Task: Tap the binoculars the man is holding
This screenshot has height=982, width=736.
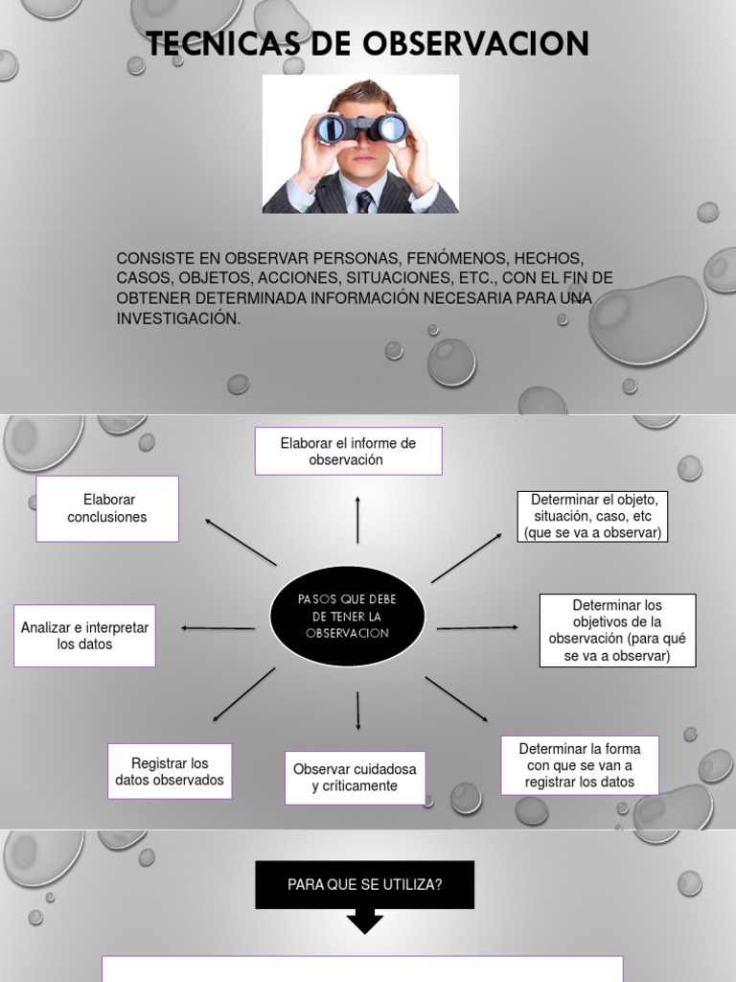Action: click(x=361, y=128)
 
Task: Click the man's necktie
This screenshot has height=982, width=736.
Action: click(x=364, y=200)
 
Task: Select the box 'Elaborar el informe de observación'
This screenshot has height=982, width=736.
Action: click(x=348, y=452)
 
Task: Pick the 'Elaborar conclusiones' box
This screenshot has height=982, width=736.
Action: click(x=107, y=508)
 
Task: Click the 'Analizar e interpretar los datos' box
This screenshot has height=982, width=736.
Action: click(x=84, y=636)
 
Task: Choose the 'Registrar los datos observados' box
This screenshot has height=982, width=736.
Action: click(x=170, y=772)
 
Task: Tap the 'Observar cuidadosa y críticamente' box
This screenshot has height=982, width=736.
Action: click(x=355, y=778)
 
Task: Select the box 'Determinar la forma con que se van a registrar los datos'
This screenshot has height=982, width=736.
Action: click(x=580, y=765)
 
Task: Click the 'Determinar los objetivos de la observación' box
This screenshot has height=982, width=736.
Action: click(x=617, y=630)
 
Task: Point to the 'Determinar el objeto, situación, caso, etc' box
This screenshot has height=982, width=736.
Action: click(x=592, y=516)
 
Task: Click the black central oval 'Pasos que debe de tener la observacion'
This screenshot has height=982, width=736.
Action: click(x=347, y=617)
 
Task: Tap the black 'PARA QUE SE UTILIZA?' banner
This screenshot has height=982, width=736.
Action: click(x=364, y=884)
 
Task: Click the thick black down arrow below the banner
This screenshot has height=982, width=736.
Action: click(x=364, y=923)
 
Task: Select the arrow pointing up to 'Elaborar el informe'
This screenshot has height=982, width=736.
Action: click(x=357, y=520)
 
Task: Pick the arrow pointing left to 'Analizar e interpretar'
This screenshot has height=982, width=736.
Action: click(x=218, y=628)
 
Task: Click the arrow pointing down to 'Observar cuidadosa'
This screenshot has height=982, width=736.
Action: click(x=358, y=711)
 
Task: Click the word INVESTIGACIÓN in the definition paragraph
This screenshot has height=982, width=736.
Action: click(x=177, y=318)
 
